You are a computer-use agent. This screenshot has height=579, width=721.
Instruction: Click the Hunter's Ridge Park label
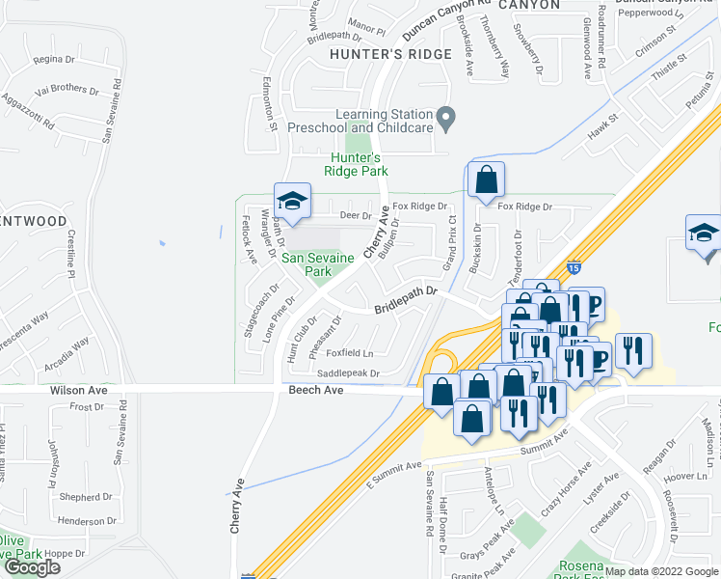point(359,164)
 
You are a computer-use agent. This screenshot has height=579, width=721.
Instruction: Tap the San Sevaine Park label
point(306,264)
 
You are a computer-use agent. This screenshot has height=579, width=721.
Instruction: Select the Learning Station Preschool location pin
point(445,120)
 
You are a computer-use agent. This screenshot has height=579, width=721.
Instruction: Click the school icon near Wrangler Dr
point(292,201)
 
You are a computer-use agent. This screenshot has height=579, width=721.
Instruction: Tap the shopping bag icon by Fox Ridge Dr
point(487,179)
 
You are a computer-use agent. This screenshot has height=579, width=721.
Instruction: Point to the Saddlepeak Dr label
point(349,373)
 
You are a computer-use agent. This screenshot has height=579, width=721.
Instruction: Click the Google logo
point(33,567)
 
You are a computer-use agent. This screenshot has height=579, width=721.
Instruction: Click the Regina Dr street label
point(47,60)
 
